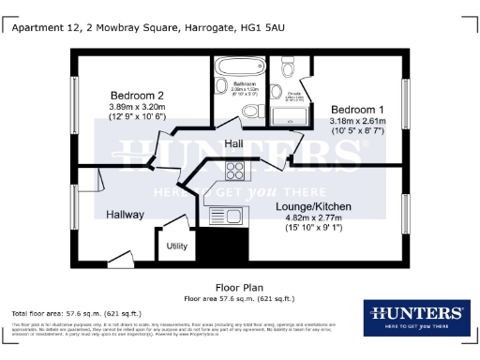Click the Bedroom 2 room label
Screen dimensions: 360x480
(137, 96)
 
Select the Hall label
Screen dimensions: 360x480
(234, 143)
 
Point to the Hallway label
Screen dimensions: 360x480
(125, 215)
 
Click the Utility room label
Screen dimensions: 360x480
(177, 246)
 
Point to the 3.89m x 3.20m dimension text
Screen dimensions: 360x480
(137, 107)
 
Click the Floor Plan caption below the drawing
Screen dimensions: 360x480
(239, 288)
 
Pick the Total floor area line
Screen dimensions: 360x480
(76, 312)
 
